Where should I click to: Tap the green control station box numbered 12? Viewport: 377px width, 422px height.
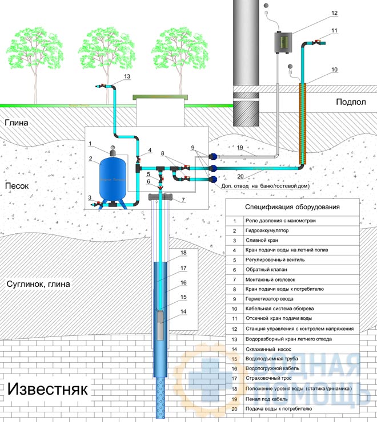pyautogui.click(x=283, y=42)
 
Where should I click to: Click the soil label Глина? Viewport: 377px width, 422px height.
pyautogui.click(x=17, y=123)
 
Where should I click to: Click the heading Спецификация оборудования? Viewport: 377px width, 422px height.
pyautogui.click(x=292, y=207)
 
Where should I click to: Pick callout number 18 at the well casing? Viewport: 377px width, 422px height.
pyautogui.click(x=183, y=253)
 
